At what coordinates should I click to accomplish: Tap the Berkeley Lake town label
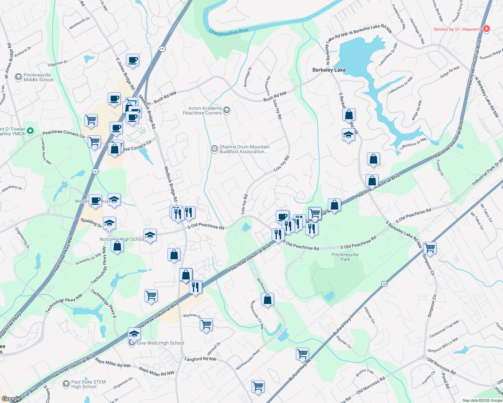[x=329, y=70]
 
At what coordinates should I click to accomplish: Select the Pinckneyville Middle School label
[x=38, y=78]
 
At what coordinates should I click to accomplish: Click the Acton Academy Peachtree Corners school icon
[x=227, y=110]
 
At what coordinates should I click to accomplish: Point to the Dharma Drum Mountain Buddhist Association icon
[x=214, y=149]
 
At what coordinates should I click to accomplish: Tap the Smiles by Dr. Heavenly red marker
[x=486, y=29]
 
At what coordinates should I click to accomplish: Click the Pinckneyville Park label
[x=345, y=257]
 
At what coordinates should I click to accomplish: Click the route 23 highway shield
[x=384, y=284]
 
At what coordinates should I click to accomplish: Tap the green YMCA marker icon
[x=30, y=131]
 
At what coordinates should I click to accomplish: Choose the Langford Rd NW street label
[x=200, y=359]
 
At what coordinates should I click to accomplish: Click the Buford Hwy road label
[x=342, y=326]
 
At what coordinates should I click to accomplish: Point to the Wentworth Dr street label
[x=79, y=23]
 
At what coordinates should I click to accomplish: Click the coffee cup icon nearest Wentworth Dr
[x=133, y=60]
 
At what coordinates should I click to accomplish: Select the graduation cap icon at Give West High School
[x=134, y=334]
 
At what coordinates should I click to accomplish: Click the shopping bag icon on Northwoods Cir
[x=268, y=299]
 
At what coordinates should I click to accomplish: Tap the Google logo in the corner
[x=11, y=399]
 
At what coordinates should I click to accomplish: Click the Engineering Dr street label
[x=22, y=238]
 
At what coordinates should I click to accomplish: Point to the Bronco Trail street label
[x=365, y=373]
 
